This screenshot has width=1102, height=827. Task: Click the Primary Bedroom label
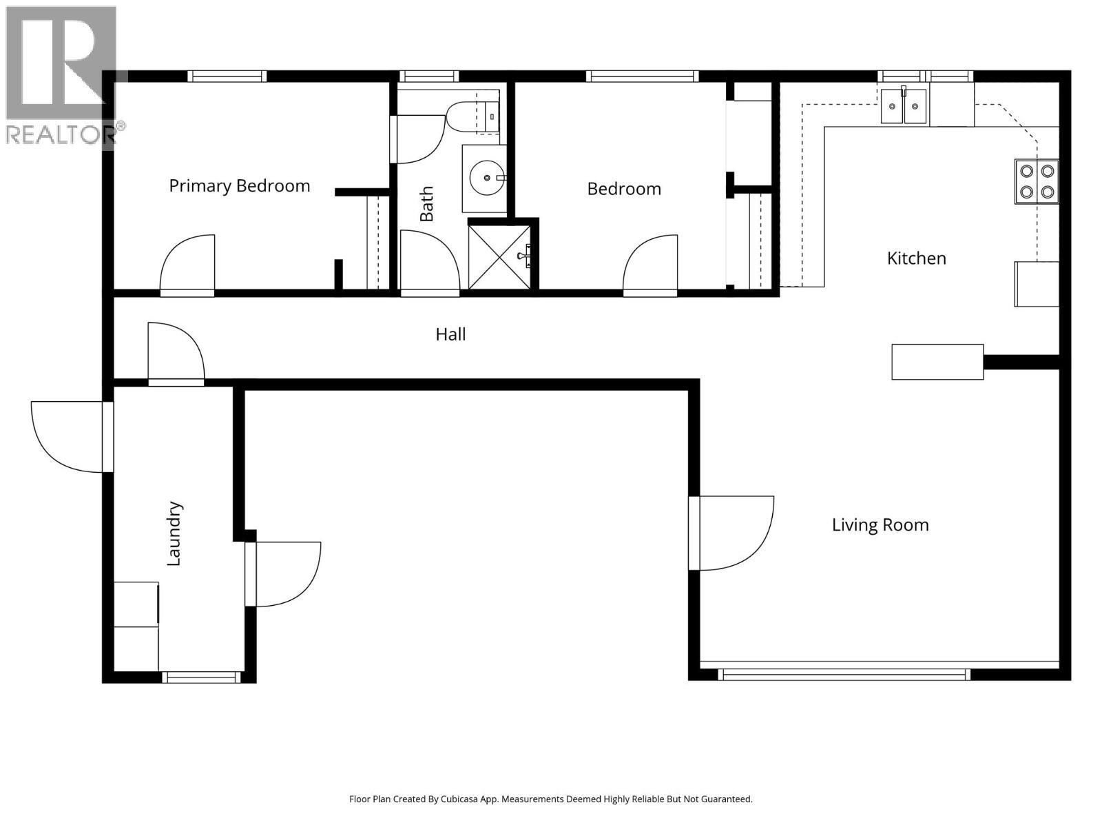(x=239, y=186)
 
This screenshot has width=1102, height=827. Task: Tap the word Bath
(x=427, y=203)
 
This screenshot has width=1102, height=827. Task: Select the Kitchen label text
(x=916, y=258)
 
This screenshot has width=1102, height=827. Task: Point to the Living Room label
(x=880, y=525)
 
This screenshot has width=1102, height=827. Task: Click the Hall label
(x=450, y=335)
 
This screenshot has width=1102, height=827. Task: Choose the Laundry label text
(x=174, y=534)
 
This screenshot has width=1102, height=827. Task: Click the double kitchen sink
(x=904, y=107)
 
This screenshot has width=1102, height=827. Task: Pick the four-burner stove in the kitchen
(x=1036, y=181)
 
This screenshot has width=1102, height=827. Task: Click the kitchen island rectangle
(x=937, y=362)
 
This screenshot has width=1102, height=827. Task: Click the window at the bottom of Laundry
(x=201, y=677)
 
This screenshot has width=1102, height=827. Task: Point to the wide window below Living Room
(x=844, y=674)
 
